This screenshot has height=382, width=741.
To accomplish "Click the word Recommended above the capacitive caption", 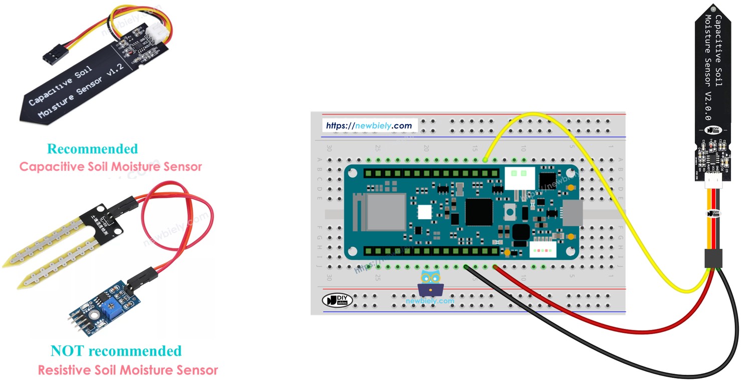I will click(92, 149).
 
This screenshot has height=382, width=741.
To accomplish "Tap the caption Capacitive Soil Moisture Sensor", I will click(110, 167).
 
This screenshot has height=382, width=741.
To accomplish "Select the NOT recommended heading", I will click(116, 351).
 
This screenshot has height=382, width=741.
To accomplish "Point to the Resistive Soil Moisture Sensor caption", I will click(128, 370).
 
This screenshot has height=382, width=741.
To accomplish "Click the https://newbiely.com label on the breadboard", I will click(369, 126).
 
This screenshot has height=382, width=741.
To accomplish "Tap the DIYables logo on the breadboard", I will click(338, 300).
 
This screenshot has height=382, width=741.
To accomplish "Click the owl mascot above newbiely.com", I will click(429, 283).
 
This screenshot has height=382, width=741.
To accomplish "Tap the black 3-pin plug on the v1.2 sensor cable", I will click(51, 56).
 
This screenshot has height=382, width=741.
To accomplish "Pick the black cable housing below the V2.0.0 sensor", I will click(712, 258).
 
